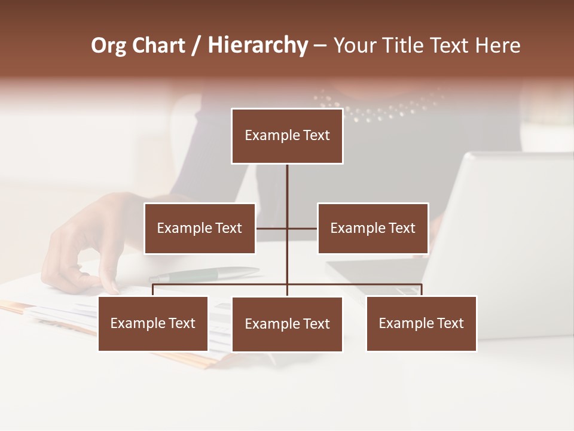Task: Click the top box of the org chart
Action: coord(287,136)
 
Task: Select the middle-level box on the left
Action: coord(200,228)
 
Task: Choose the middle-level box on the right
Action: coord(373,228)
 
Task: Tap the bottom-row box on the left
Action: coord(153,323)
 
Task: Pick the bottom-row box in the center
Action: coord(287,324)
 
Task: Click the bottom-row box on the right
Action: coord(421,323)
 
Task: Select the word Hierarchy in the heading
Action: coord(257,45)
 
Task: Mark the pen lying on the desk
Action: coord(203,274)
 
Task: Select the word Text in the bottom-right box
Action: coord(450,323)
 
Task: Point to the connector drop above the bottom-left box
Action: coord(153,290)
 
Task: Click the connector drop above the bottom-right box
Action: coord(422,290)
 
